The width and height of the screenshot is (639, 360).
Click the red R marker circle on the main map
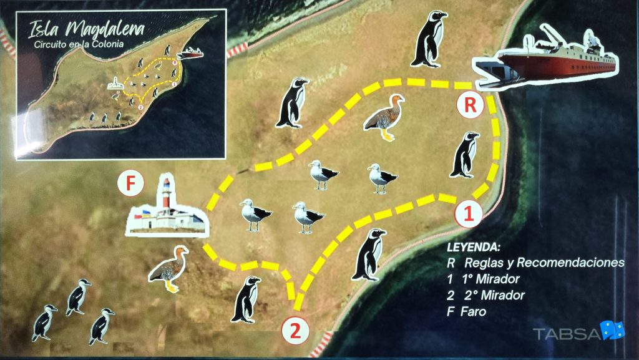pyautogui.click(x=471, y=105)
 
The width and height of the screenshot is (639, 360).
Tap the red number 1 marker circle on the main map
pyautogui.click(x=469, y=213)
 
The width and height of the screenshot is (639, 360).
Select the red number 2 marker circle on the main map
pyautogui.click(x=295, y=331)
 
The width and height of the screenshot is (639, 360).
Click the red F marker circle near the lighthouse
pyautogui.click(x=130, y=183)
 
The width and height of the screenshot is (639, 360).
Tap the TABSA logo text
pyautogui.click(x=567, y=334)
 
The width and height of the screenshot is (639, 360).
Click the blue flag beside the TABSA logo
pyautogui.click(x=613, y=330)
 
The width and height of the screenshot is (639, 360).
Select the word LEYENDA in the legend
pyautogui.click(x=473, y=247)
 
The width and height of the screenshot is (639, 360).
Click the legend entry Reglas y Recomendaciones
pyautogui.click(x=544, y=263)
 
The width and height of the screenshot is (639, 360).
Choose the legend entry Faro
pyautogui.click(x=474, y=311)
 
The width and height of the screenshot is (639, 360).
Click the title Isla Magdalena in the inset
pyautogui.click(x=86, y=29)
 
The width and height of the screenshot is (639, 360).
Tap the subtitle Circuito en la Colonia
pyautogui.click(x=79, y=44)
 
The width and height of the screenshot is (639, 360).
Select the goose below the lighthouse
pyautogui.click(x=168, y=269)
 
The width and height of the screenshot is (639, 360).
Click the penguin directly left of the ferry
pyautogui.click(x=429, y=39)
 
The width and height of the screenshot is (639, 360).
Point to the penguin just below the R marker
pyautogui.click(x=465, y=155)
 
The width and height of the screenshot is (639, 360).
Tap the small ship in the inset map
pyautogui.click(x=190, y=53)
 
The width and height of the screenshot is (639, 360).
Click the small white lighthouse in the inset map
pyautogui.click(x=115, y=84)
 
